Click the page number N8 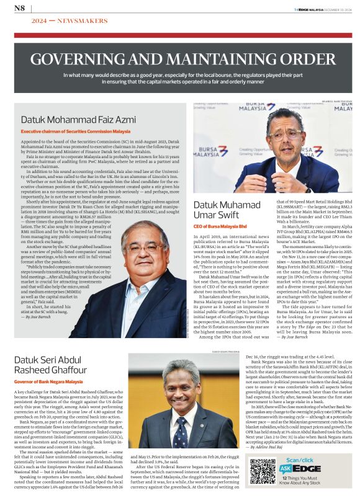pos(19,7)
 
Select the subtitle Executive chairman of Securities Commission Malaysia pos(76,132)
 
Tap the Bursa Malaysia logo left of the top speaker pos(212,151)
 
